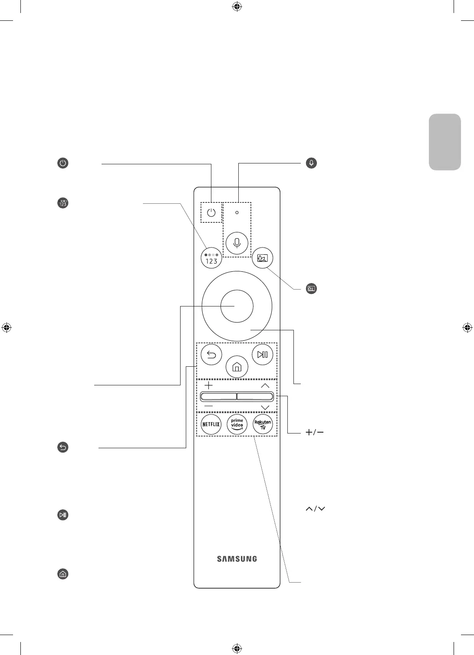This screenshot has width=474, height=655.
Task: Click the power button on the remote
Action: [211, 212]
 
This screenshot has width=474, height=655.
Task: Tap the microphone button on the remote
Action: [237, 243]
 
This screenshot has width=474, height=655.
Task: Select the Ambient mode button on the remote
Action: [263, 259]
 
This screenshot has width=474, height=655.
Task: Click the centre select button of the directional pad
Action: [237, 306]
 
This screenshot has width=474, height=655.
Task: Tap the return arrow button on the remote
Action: [211, 355]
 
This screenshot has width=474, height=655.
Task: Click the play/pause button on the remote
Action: [263, 355]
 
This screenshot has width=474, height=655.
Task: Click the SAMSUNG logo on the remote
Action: [237, 559]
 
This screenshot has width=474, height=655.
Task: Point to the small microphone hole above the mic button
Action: [237, 213]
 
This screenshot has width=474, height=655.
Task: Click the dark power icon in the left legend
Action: [63, 163]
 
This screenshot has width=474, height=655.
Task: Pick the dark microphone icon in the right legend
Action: [311, 163]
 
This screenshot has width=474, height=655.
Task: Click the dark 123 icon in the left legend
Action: [63, 203]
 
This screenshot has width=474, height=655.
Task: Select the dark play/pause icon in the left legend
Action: [63, 515]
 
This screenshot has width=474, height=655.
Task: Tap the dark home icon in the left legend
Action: [63, 574]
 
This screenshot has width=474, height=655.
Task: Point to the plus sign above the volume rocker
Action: [208, 385]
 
